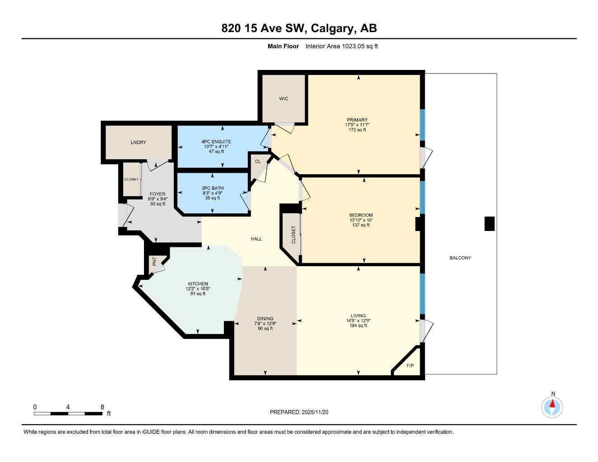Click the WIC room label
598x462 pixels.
click(x=283, y=99)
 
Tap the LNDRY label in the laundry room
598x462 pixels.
click(x=139, y=143)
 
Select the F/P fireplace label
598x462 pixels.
click(x=410, y=365)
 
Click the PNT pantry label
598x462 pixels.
click(x=154, y=261)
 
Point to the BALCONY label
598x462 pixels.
click(x=460, y=258)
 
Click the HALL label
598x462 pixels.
click(x=256, y=239)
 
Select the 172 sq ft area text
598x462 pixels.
click(x=357, y=130)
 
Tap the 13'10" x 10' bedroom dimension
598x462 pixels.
click(x=361, y=220)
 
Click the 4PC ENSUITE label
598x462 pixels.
click(x=216, y=142)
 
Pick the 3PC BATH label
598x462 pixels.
click(x=213, y=188)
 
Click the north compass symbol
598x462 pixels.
click(x=552, y=407)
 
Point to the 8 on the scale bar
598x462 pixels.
click(x=102, y=407)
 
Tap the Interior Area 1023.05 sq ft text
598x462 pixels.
click(x=342, y=46)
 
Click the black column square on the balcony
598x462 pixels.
click(x=489, y=224)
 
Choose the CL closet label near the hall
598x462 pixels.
click(x=258, y=162)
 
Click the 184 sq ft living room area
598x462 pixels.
click(x=358, y=326)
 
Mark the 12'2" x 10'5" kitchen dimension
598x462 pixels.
click(x=198, y=289)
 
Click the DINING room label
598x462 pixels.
click(x=265, y=319)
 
